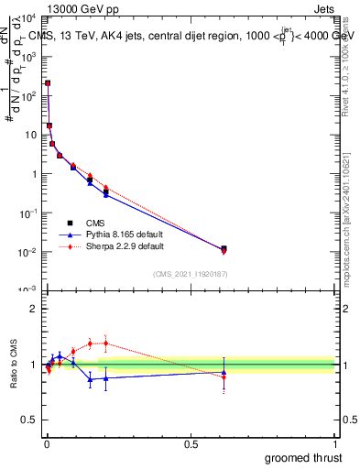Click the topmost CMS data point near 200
coord(48,82)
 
